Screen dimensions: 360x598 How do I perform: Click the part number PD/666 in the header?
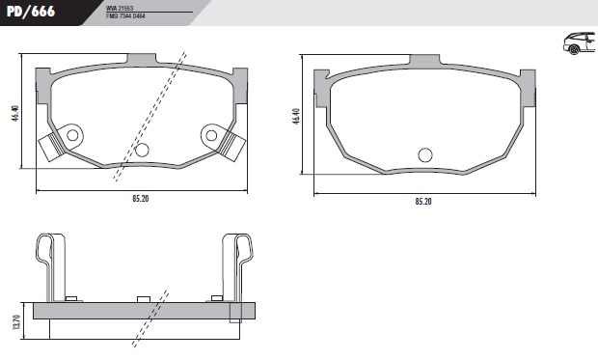(x=33, y=11)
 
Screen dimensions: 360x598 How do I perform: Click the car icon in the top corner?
(x=579, y=42)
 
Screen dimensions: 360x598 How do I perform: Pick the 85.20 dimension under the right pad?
(x=422, y=202)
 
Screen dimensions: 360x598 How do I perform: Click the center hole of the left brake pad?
(x=142, y=150)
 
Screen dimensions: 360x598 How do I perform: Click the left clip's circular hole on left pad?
(x=70, y=135)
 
